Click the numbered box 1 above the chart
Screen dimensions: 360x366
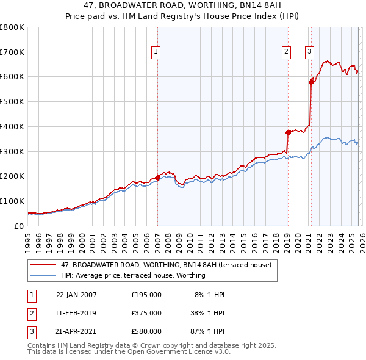coord(156,52)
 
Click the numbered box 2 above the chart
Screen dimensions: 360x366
coord(286,52)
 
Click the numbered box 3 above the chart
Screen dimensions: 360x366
coord(310,52)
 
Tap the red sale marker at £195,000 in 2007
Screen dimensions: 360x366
coord(158,178)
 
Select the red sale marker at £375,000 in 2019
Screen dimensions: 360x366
coord(288,132)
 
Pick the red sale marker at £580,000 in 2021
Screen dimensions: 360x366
coord(312,81)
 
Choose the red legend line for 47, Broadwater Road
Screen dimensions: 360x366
coord(43,265)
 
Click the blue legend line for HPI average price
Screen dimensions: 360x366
coord(43,275)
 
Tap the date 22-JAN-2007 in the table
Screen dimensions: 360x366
coord(76,295)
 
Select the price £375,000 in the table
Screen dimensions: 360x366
coord(146,313)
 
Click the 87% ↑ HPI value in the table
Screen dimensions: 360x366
coord(207,331)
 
